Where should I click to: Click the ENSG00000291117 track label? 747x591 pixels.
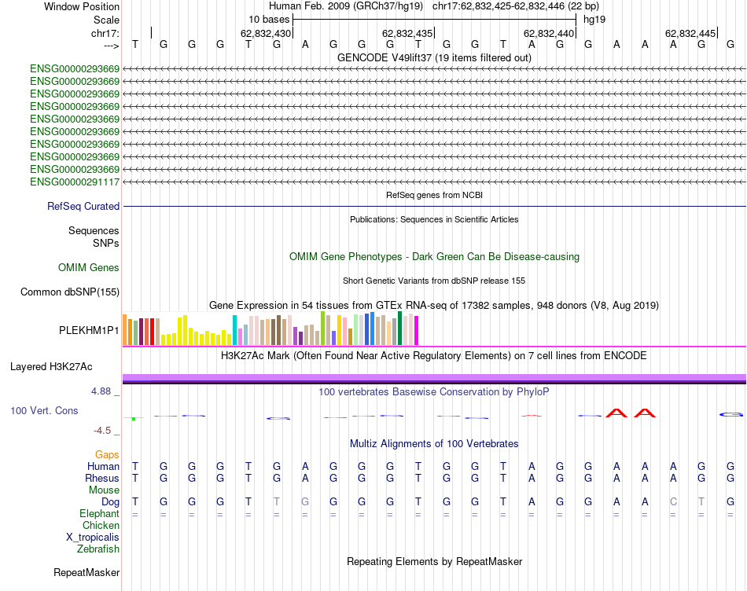pos(75,182)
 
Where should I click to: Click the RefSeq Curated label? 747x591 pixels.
pos(83,207)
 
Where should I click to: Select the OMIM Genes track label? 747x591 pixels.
pos(89,268)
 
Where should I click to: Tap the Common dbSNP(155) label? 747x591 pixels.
pos(70,292)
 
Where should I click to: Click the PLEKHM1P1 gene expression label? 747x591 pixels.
pos(89,331)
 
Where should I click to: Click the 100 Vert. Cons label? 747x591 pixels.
pos(45,411)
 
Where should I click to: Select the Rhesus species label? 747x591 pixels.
pos(102,479)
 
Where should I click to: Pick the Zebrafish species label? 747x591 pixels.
pos(98,549)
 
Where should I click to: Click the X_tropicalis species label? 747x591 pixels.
pos(93,538)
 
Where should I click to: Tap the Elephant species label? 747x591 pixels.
pos(100,514)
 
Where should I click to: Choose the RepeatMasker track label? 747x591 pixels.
pos(86,573)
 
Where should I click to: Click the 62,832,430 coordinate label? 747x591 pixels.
pos(266,34)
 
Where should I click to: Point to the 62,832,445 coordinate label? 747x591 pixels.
pos(690,34)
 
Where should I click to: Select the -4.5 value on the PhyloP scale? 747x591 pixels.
pos(106,431)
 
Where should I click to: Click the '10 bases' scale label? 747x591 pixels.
pos(269,19)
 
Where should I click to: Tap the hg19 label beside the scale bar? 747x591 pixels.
pos(594,19)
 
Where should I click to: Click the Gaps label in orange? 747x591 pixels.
pos(107,455)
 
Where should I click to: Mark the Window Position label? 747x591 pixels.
pos(82,6)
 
